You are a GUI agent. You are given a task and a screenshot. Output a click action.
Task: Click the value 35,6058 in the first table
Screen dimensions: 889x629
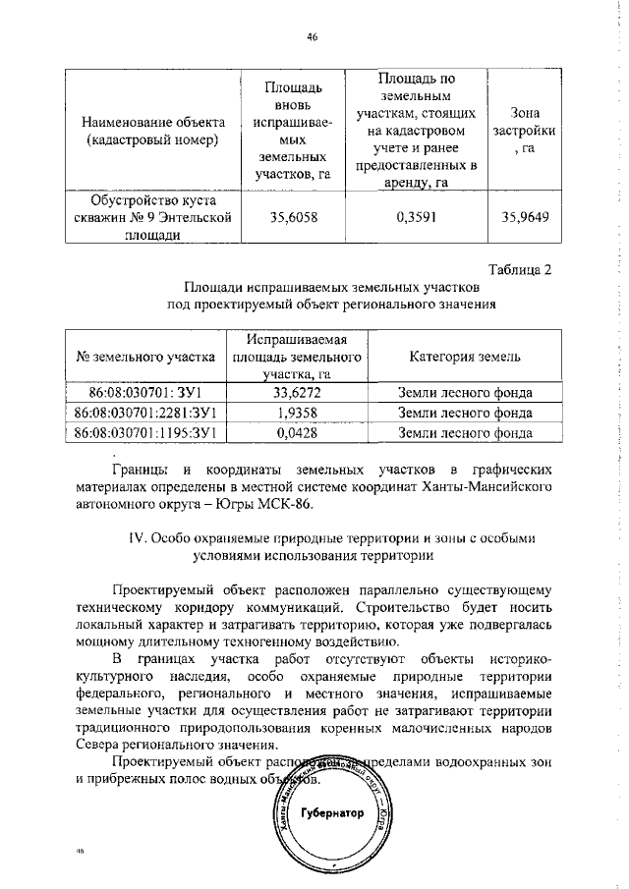[x=286, y=219]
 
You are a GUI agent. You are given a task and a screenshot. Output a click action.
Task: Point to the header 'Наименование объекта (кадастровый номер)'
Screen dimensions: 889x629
[x=153, y=130]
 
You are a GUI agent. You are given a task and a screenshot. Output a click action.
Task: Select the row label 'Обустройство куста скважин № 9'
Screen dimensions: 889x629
[x=153, y=218]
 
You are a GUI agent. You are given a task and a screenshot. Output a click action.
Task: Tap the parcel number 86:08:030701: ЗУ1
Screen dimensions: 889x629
[x=144, y=393]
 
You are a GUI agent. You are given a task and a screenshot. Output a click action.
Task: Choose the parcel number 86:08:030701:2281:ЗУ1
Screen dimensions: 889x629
[x=144, y=413]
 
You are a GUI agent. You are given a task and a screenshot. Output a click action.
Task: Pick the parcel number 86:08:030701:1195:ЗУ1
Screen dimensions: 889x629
[x=144, y=431]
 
